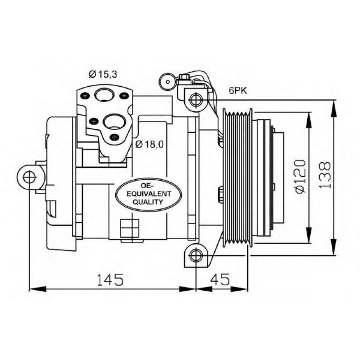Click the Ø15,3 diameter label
tap(103, 74)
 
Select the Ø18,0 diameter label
tap(149, 144)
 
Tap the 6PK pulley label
tap(237, 91)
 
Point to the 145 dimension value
tap(110, 280)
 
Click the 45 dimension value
tap(220, 280)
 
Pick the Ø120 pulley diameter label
tap(301, 176)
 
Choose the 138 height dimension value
tap(325, 175)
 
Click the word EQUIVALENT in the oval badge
tap(149, 194)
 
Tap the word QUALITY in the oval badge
tap(148, 202)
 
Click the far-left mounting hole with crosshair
tap(30, 177)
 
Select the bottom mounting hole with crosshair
tap(196, 255)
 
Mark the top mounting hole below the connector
tap(196, 99)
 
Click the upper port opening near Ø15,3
tap(104, 95)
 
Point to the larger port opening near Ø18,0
tap(114, 122)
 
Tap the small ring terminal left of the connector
tap(168, 82)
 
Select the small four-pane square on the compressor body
tap(130, 228)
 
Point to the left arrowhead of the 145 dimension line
tap(38, 289)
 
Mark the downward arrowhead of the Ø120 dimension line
tap(309, 235)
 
